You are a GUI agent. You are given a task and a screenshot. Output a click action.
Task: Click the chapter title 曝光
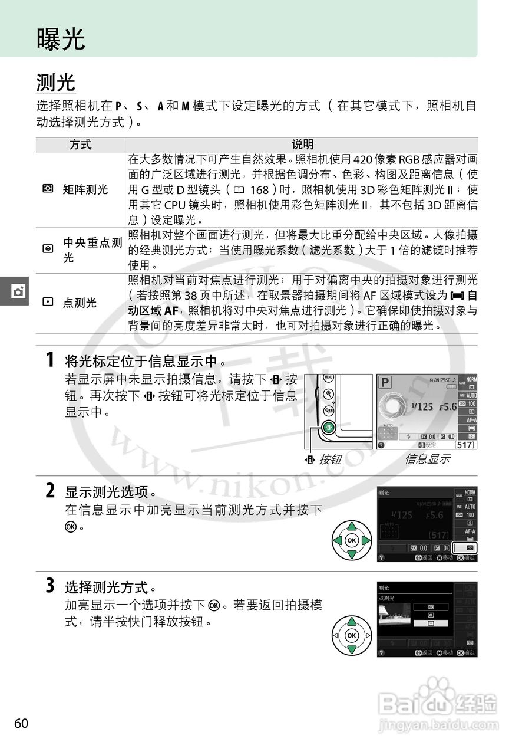tap(61, 39)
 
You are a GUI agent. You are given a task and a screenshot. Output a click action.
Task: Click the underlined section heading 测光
tap(56, 83)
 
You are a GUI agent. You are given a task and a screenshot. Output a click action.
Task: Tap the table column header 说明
tap(302, 145)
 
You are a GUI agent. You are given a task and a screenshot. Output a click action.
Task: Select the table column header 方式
tap(81, 145)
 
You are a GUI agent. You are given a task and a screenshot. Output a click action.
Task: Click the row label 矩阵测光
tap(85, 189)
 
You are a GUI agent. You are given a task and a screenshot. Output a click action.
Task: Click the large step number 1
tap(51, 359)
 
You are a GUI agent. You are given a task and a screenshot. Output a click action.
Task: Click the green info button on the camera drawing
tap(329, 428)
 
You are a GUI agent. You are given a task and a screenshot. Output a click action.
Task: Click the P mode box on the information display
tap(385, 382)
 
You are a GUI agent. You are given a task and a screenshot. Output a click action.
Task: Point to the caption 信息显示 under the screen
tap(427, 459)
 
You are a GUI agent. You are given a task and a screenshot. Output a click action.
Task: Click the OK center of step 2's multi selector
tap(351, 540)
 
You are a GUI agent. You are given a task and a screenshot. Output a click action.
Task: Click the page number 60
tap(21, 724)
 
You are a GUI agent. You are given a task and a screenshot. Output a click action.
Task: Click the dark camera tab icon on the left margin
tap(18, 291)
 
